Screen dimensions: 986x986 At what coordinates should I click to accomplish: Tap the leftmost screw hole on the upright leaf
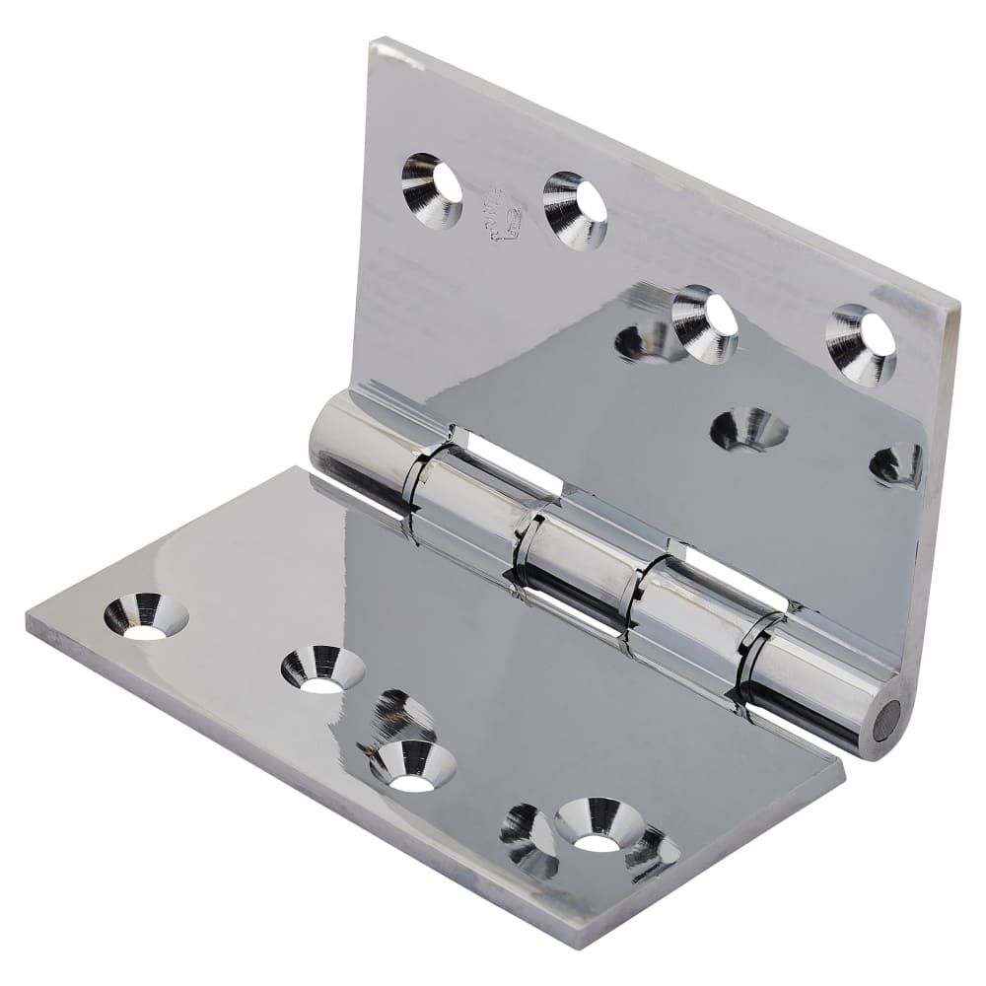click(x=432, y=190)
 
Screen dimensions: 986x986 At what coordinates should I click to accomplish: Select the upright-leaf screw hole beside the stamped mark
click(x=575, y=209)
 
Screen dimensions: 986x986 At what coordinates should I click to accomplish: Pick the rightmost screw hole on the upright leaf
click(x=862, y=343)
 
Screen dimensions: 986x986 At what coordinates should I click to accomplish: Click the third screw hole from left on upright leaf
click(x=705, y=323)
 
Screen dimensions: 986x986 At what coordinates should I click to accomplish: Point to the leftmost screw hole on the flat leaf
click(x=146, y=615)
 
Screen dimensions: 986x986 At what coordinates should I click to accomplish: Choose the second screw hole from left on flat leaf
click(x=322, y=669)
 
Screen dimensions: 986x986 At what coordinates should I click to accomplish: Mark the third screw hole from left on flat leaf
click(x=412, y=765)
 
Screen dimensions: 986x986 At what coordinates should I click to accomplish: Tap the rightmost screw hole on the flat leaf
click(x=599, y=823)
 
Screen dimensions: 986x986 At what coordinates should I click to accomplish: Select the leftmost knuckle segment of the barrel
click(x=360, y=449)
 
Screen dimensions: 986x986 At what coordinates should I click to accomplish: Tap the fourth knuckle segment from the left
click(x=685, y=616)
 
